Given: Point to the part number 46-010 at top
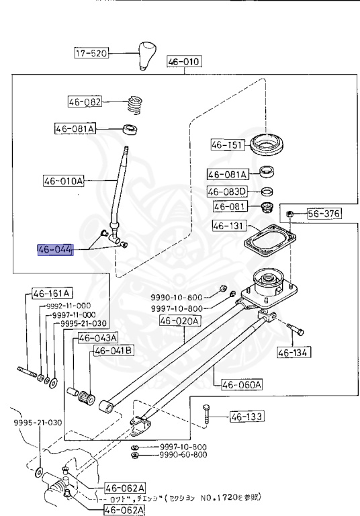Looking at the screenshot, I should (184, 62).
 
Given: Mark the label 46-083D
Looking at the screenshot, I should (227, 191).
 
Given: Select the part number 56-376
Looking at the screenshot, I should (324, 214).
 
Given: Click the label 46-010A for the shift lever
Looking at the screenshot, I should (64, 181).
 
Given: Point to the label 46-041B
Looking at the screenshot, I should (113, 350).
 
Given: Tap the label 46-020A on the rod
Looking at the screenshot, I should (179, 321).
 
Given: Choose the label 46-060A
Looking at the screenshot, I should (240, 384).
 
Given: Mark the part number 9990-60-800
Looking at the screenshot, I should (183, 455).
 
